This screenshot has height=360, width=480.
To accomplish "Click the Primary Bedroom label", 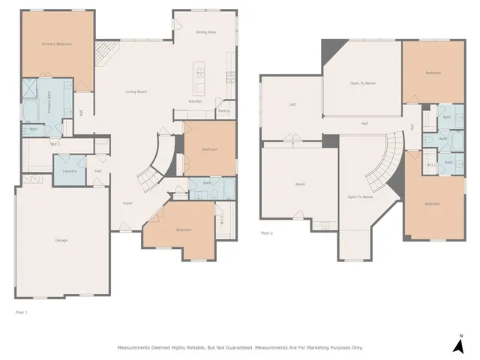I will pos(57,44).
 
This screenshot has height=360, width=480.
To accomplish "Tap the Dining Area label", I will pos(206,32).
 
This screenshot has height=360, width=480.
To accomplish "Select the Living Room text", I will pos(136,91).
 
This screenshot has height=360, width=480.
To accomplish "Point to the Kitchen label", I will pos(195,100).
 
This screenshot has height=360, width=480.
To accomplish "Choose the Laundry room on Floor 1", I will pos(69,171).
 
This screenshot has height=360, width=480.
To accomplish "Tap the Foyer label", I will pos(128,203).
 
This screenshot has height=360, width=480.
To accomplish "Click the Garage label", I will pos(61,240).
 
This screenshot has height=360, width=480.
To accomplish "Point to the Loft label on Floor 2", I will pos(292,104).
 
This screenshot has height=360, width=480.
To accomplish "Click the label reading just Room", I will pos(300,184).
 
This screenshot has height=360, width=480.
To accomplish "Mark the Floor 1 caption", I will pos(21,310).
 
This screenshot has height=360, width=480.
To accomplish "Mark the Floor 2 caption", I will pos(266,233).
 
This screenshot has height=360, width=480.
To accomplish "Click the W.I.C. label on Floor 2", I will pos(432,165).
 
